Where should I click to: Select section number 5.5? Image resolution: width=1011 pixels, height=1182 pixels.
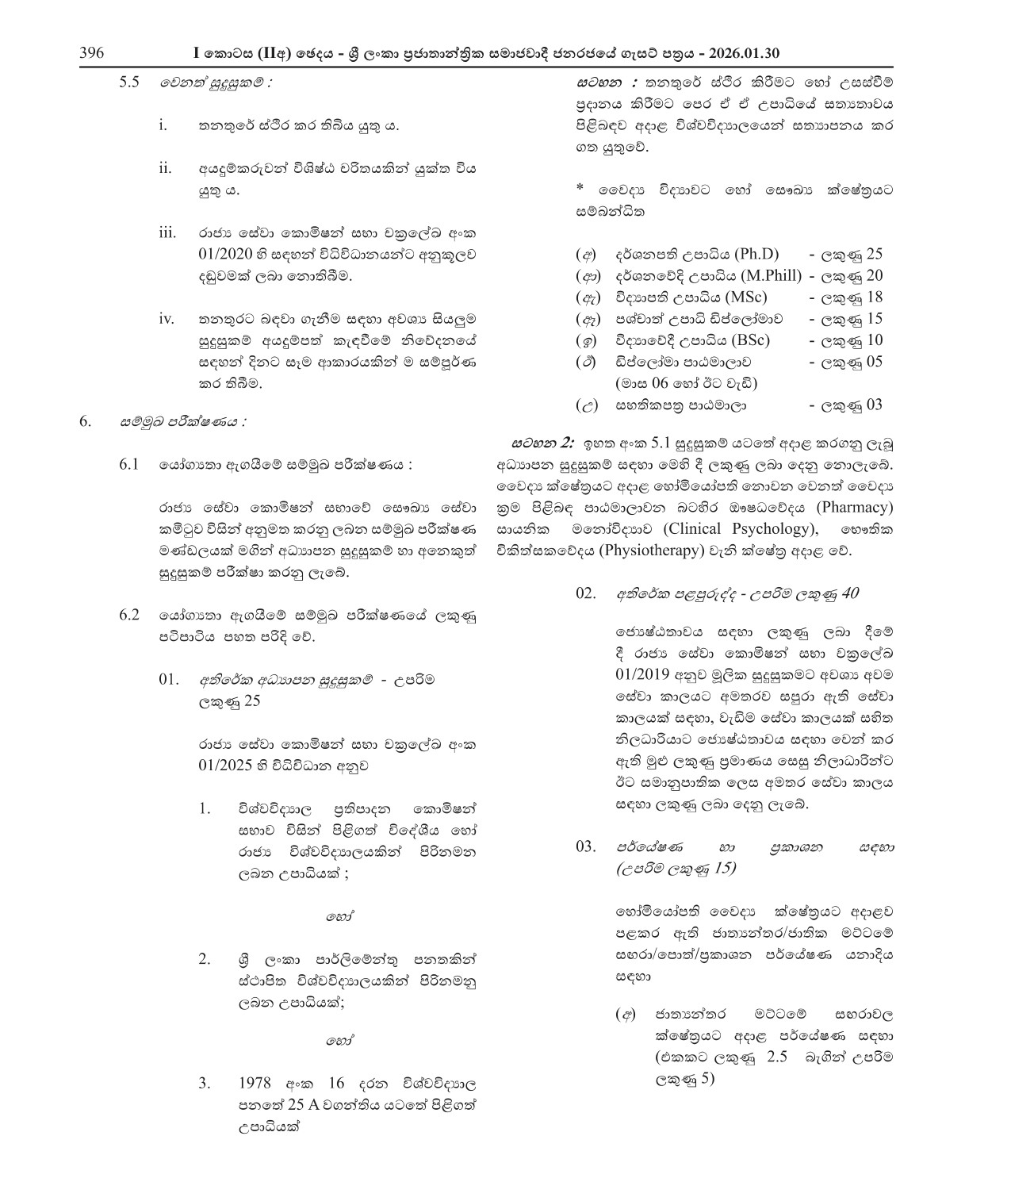coord(129,83)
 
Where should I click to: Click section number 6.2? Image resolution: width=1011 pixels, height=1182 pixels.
coord(129,615)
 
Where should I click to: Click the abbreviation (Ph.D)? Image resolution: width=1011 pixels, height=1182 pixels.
coord(756,255)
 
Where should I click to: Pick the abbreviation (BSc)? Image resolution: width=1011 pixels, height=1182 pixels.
coord(746,340)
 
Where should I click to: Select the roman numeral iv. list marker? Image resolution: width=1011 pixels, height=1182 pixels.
coord(166,319)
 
